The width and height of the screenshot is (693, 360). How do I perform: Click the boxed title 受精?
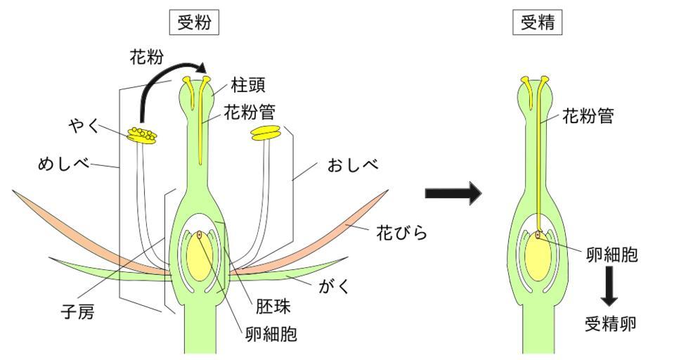click(538, 22)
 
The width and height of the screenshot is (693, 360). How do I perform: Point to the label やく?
click(83, 126)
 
